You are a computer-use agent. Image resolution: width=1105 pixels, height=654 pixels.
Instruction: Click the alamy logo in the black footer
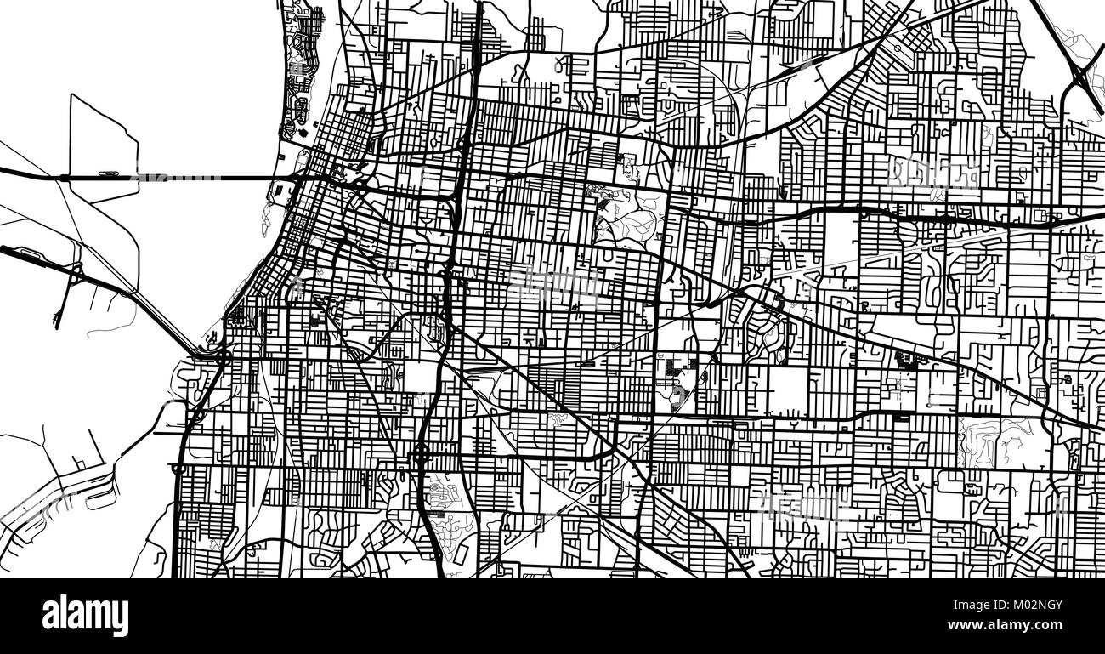(x=85, y=616)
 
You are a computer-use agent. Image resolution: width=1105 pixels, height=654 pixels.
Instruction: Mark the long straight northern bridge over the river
(x=170, y=178)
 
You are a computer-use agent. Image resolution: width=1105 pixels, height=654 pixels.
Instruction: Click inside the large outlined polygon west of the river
(x=102, y=145)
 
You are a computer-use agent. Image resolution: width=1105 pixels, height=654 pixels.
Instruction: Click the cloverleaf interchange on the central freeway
(x=422, y=455)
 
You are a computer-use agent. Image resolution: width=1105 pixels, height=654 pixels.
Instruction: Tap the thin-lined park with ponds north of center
(x=625, y=213)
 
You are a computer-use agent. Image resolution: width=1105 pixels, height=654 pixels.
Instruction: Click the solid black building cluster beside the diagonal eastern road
(x=906, y=360)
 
